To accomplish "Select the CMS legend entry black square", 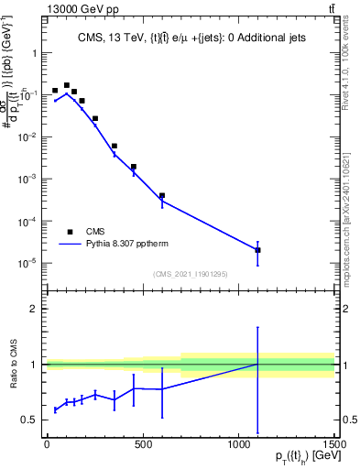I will pyautogui.click(x=70, y=232).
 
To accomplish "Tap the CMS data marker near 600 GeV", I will pyautogui.click(x=162, y=195).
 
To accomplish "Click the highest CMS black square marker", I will pyautogui.click(x=66, y=85).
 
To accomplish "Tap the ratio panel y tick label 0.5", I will pyautogui.click(x=30, y=420).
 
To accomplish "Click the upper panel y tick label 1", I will pyautogui.click(x=35, y=52).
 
